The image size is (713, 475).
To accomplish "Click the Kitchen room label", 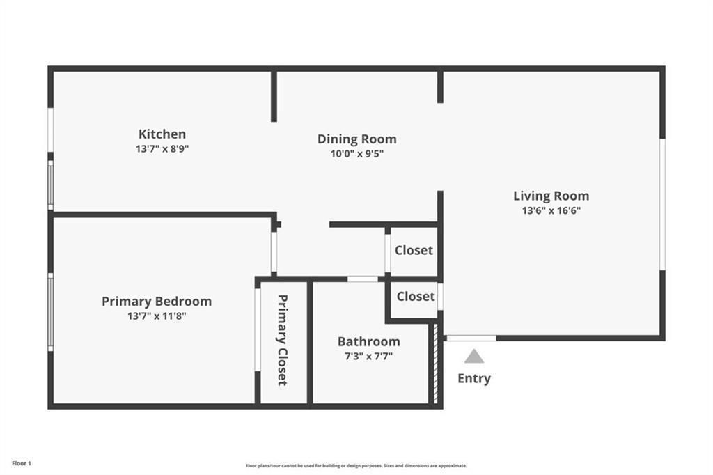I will (x=162, y=134).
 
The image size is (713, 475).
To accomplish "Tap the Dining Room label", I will (x=356, y=139).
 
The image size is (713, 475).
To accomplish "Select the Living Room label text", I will (x=551, y=196).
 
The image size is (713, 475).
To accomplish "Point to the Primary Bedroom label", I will (x=157, y=301).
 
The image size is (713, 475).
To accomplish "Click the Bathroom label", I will (x=368, y=341).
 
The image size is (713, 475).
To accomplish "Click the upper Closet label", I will (x=414, y=250).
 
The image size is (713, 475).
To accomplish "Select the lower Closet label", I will (x=416, y=296).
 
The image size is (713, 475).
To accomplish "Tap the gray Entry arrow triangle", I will (x=474, y=357).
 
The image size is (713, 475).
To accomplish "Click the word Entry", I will (x=473, y=378).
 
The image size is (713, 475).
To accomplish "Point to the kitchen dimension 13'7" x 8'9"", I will (x=162, y=149).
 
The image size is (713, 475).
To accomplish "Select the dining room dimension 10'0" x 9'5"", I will (x=356, y=154).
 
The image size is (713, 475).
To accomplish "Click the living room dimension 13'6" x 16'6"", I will (x=551, y=210).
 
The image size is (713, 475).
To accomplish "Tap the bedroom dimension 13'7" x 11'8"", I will (x=157, y=316).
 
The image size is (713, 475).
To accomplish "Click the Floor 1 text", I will (x=22, y=463).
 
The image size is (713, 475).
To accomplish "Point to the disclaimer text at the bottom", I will (x=356, y=465).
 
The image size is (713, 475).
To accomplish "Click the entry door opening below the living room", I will (x=471, y=338).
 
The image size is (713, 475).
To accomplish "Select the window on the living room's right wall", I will (x=662, y=203).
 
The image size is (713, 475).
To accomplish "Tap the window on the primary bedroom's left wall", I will (x=50, y=311).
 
